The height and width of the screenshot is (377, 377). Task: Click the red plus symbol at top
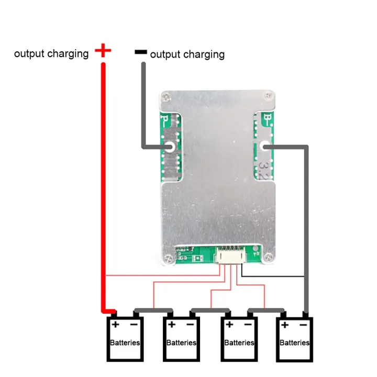pyautogui.click(x=103, y=51)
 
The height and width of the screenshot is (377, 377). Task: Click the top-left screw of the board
pyautogui.click(x=166, y=97)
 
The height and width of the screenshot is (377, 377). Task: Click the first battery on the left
pyautogui.click(x=125, y=339)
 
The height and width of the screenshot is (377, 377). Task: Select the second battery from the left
pyautogui.click(x=181, y=339)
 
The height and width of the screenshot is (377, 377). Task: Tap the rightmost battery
pyautogui.click(x=294, y=339)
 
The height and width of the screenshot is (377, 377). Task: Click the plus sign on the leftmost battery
pyautogui.click(x=115, y=325)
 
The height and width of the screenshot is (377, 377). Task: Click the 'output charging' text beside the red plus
pyautogui.click(x=51, y=53)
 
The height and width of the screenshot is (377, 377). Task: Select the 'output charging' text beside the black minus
pyautogui.click(x=187, y=54)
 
